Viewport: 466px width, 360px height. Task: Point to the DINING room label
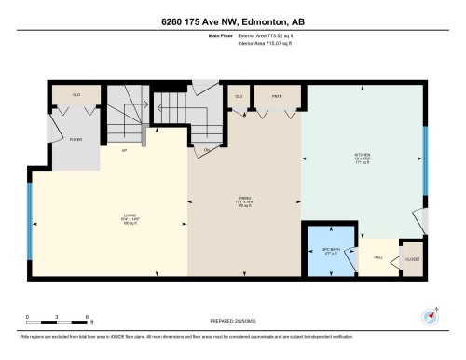[244, 199]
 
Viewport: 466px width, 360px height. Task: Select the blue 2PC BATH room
[330, 250]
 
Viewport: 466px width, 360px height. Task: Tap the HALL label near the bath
[378, 257]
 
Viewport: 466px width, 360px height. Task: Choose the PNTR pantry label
[276, 96]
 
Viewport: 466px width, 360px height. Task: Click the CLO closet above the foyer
[78, 96]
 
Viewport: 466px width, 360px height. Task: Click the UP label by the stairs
[123, 150]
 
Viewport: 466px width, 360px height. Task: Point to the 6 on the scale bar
[86, 317]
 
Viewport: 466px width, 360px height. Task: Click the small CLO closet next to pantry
[240, 96]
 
